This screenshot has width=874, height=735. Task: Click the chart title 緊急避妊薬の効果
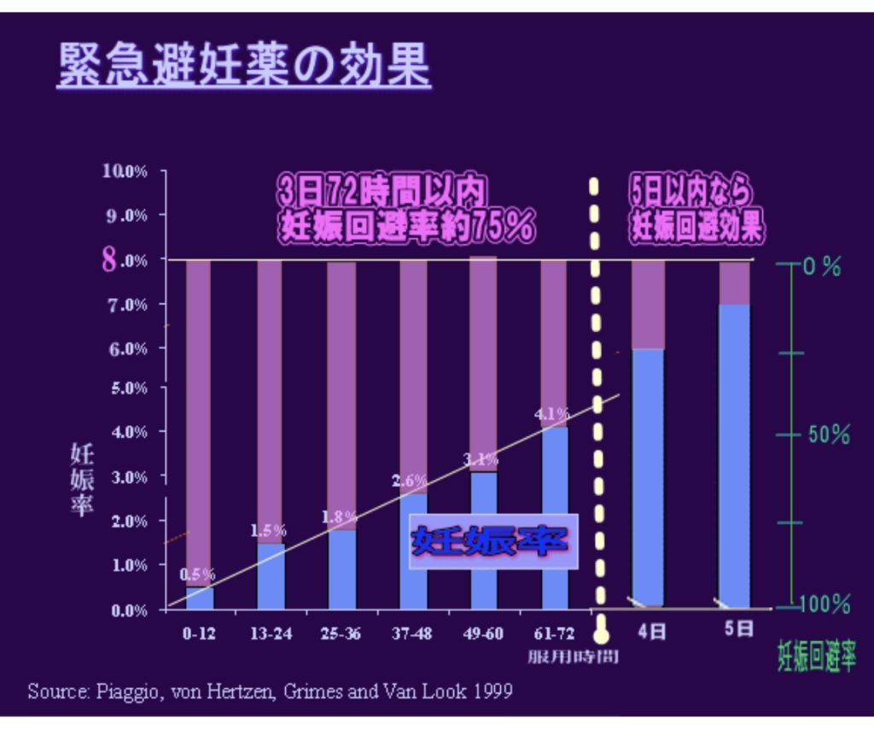[x=244, y=66]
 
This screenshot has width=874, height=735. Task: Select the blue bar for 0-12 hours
[x=200, y=598]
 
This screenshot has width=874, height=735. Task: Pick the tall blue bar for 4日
[x=648, y=478]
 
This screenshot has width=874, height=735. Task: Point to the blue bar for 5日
[x=734, y=457]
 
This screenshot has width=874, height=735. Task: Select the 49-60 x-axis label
[x=482, y=633]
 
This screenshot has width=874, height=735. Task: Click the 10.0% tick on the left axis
[x=125, y=171]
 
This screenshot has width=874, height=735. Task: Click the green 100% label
[x=825, y=605]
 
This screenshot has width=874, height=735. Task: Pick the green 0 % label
[x=821, y=266]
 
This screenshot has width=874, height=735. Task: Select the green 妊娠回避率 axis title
[x=816, y=656]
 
